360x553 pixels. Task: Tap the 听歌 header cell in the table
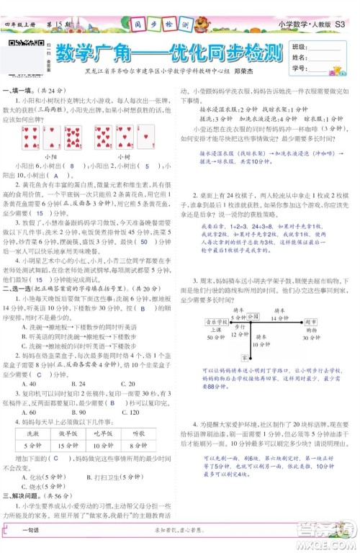[x=137, y=434]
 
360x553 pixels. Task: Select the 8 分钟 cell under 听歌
[x=137, y=446]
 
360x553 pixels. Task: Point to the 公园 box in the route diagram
[x=253, y=296]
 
